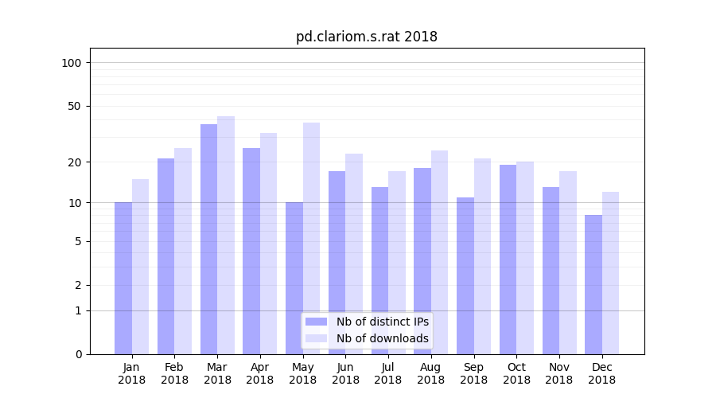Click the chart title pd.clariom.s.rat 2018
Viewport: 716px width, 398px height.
pyautogui.click(x=366, y=37)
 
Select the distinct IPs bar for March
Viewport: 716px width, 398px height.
pyautogui.click(x=208, y=239)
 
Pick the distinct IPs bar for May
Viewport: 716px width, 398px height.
pyautogui.click(x=294, y=278)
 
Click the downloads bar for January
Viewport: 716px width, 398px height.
pyautogui.click(x=140, y=267)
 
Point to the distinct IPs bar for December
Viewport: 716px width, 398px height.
pyautogui.click(x=593, y=284)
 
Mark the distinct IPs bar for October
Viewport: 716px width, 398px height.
pyautogui.click(x=508, y=259)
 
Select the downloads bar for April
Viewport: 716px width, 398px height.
pyautogui.click(x=268, y=243)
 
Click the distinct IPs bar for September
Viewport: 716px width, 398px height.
pyautogui.click(x=465, y=275)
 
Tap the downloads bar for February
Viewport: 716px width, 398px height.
pyautogui.click(x=183, y=251)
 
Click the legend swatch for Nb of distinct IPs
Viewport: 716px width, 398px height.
pyautogui.click(x=316, y=322)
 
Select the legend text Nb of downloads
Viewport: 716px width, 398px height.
pyautogui.click(x=382, y=338)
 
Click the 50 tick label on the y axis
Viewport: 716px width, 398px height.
pyautogui.click(x=75, y=106)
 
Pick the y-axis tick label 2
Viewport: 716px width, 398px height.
pyautogui.click(x=78, y=285)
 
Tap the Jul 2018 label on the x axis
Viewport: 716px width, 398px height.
pyautogui.click(x=388, y=373)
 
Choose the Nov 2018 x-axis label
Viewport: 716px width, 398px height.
pyautogui.click(x=559, y=373)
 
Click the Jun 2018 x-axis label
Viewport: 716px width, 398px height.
pyautogui.click(x=345, y=373)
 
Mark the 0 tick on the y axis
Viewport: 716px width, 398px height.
pyautogui.click(x=78, y=354)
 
